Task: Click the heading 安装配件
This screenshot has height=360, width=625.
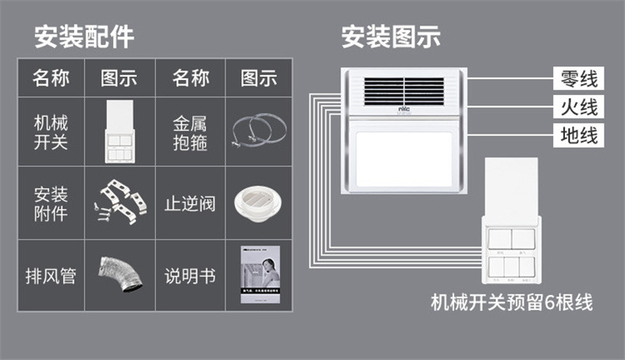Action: [83, 36]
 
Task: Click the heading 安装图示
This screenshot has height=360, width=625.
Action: [391, 36]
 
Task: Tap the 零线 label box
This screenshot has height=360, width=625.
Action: [578, 79]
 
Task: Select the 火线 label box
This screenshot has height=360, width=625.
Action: [578, 106]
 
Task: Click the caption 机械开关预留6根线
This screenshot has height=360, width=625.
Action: [511, 301]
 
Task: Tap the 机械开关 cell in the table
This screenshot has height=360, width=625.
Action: [51, 132]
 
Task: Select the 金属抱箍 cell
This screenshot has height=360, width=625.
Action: [191, 132]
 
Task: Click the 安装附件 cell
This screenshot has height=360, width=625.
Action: [51, 203]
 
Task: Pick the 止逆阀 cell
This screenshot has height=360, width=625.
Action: [191, 203]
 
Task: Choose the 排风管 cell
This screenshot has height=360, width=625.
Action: [51, 276]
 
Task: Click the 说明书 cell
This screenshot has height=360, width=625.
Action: [191, 276]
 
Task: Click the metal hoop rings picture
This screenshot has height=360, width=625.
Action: [258, 131]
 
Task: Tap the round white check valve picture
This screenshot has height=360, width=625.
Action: [258, 203]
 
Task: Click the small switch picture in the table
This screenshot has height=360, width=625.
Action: [119, 131]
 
